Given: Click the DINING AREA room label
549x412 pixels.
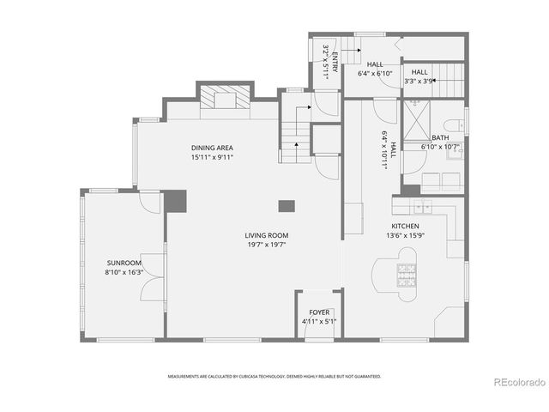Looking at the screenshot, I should tap(212, 148).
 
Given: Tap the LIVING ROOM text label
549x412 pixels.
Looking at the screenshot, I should tap(266, 234).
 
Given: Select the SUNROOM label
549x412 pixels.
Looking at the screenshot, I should tap(124, 263).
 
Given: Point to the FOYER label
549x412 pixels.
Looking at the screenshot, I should tap(319, 312).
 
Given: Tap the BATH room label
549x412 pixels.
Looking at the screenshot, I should tap(440, 137).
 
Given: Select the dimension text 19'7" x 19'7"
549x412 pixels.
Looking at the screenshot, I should tap(266, 245).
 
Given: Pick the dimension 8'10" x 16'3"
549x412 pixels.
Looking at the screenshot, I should tap(124, 272).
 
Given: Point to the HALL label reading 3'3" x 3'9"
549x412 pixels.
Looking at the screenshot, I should tap(419, 82).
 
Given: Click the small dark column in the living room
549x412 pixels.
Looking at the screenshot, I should tap(286, 206).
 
